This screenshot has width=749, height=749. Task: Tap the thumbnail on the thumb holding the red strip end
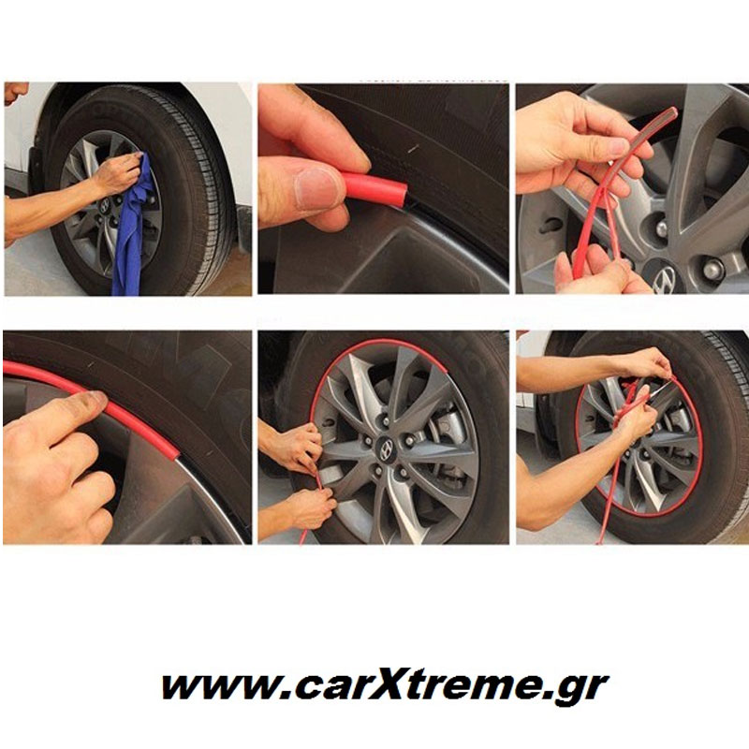[316, 188]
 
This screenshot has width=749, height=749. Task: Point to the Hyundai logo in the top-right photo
[664, 278]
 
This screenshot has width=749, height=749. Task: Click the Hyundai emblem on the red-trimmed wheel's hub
[386, 449]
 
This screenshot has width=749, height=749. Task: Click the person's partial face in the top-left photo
[13, 93]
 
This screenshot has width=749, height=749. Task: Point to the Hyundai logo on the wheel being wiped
[104, 206]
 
